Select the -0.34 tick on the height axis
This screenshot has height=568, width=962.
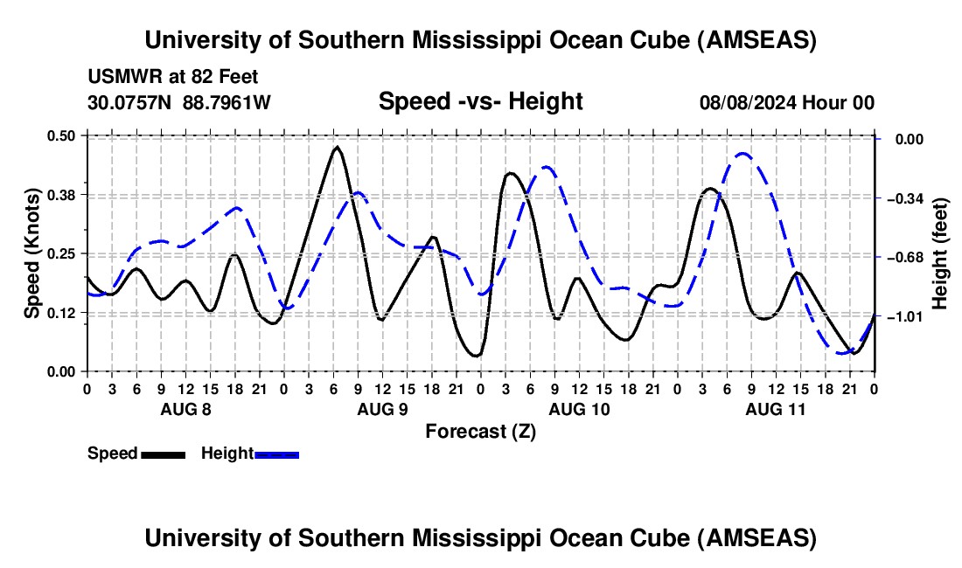tap(901, 198)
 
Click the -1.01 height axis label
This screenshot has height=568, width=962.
tap(901, 316)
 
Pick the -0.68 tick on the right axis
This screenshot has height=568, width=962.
tap(901, 258)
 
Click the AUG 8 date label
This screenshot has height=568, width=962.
tap(185, 409)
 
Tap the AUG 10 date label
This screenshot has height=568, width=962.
tap(579, 409)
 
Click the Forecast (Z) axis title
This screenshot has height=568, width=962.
tap(480, 431)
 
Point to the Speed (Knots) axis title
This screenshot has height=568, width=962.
tap(31, 253)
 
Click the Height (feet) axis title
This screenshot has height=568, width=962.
tap(941, 253)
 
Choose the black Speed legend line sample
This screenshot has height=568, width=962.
tap(164, 454)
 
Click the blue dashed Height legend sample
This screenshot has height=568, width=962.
tap(277, 454)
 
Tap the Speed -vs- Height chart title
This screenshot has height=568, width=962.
tap(480, 102)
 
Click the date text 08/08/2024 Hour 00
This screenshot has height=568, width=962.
tap(787, 103)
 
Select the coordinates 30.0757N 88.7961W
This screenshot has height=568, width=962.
tap(179, 103)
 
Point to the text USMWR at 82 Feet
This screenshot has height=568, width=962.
tap(173, 78)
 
